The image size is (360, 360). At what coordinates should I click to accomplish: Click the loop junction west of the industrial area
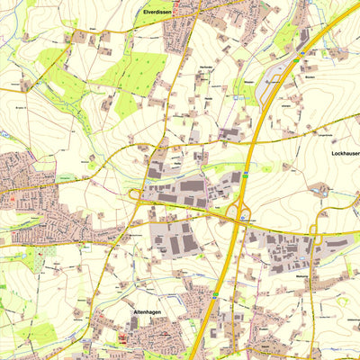135,193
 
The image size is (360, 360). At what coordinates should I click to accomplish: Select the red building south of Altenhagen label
123,341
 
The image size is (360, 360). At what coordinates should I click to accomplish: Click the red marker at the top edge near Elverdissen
176,3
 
